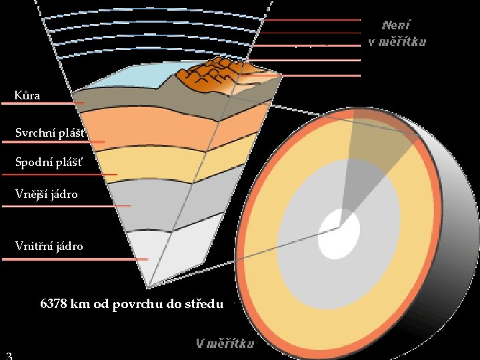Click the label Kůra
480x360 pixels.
click(x=28, y=95)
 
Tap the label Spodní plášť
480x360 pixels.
click(x=50, y=162)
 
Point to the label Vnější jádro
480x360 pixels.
click(x=47, y=195)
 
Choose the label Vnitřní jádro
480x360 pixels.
click(x=49, y=246)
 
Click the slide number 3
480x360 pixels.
click(x=8, y=354)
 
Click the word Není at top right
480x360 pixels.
click(x=397, y=25)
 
